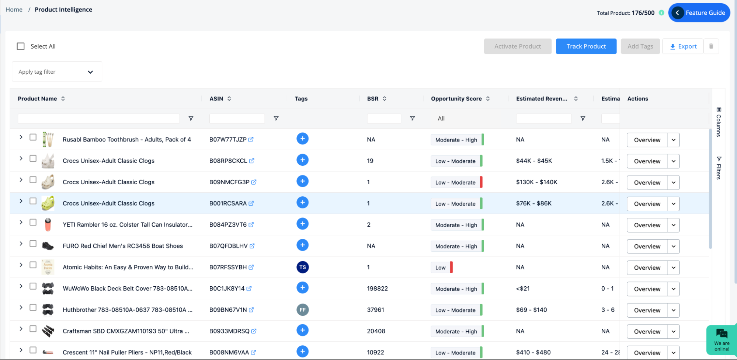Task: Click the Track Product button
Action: click(x=586, y=46)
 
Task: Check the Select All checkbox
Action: click(x=21, y=46)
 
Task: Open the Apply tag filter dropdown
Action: click(x=57, y=72)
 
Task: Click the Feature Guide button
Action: click(x=699, y=13)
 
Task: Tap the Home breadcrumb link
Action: click(x=14, y=10)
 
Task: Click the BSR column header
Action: click(x=373, y=99)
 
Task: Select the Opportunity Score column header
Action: click(x=456, y=99)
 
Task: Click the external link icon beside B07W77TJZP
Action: click(x=251, y=140)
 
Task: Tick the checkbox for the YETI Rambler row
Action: click(x=33, y=222)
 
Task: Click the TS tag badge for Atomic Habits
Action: click(x=302, y=267)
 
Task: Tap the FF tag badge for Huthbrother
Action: click(x=302, y=310)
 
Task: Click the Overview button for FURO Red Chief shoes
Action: click(x=647, y=247)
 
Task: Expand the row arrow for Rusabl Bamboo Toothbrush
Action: click(x=21, y=137)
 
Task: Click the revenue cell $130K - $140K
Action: click(x=536, y=182)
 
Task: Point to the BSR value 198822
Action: click(x=377, y=289)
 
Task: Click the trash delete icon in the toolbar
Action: click(x=711, y=46)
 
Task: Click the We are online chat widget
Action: click(x=722, y=340)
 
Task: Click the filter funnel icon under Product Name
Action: click(x=191, y=119)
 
